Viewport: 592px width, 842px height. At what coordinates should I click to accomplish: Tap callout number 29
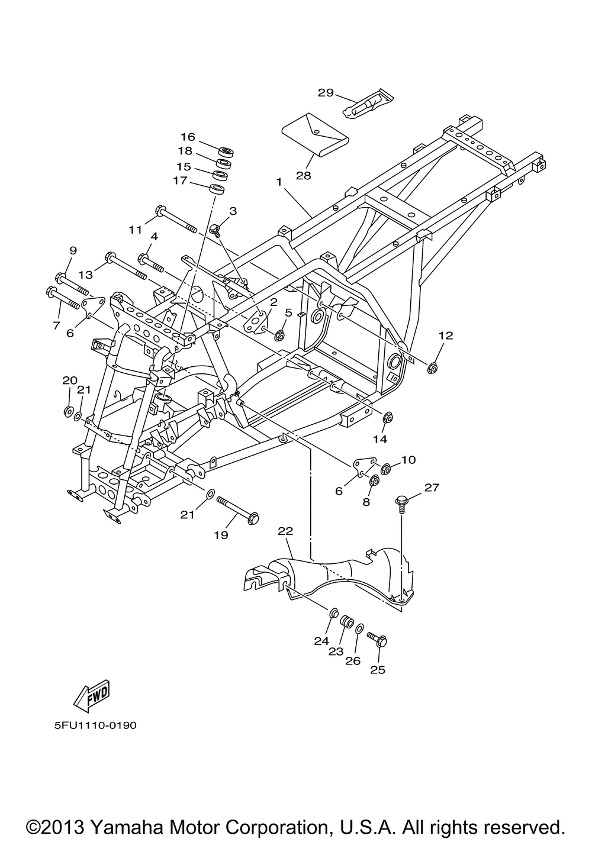click(326, 92)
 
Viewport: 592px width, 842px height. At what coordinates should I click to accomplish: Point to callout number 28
click(304, 176)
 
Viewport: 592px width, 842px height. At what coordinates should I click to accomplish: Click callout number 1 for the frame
click(278, 183)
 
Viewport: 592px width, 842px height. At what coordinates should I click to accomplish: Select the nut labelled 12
click(432, 369)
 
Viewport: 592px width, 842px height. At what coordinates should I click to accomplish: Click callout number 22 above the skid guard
click(285, 531)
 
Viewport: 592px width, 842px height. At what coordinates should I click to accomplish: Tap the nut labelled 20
click(68, 411)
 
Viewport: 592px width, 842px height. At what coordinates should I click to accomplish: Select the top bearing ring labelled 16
click(225, 150)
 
